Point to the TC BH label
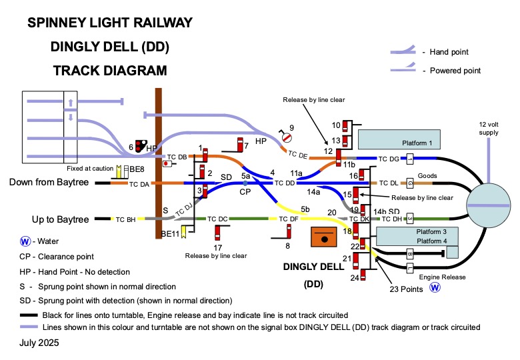click(125, 219)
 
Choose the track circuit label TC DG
click(388, 159)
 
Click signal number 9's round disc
click(286, 137)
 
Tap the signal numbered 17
click(218, 233)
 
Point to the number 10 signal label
click(337, 125)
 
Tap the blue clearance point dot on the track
click(245, 183)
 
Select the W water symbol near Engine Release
click(435, 289)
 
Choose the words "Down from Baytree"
click(49, 182)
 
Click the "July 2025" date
click(39, 343)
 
